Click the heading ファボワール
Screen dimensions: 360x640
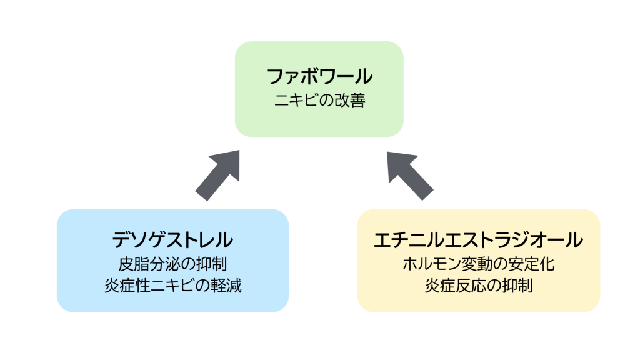pyautogui.click(x=319, y=77)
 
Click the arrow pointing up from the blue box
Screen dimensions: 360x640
pyautogui.click(x=218, y=175)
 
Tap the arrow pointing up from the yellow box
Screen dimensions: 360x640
pyautogui.click(x=409, y=175)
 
